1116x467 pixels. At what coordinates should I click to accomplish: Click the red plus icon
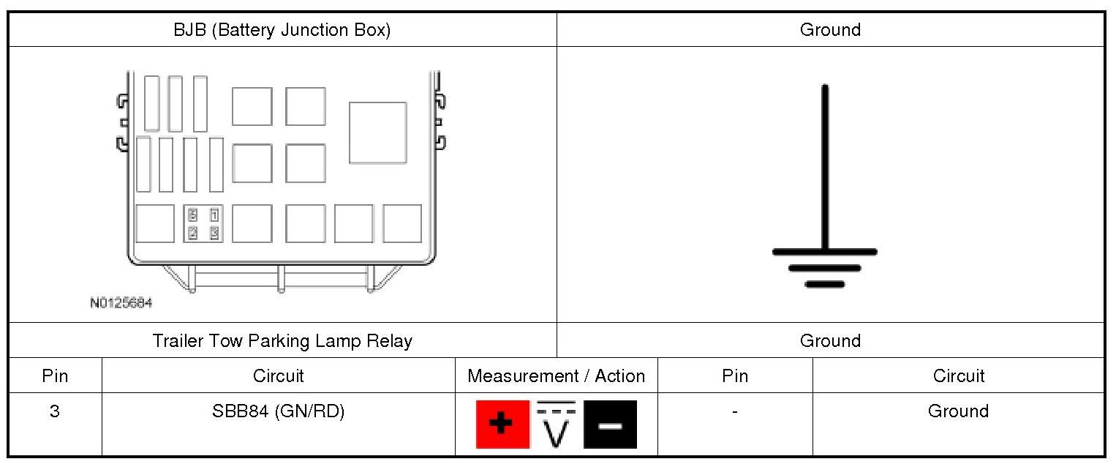pos(502,425)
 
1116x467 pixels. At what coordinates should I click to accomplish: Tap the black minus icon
pos(610,425)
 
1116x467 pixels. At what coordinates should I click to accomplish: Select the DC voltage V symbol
pos(557,425)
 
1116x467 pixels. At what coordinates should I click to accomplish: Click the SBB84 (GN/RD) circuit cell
pos(278,411)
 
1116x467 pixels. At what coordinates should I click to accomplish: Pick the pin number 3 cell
pos(55,411)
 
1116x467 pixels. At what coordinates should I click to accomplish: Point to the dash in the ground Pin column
pos(734,412)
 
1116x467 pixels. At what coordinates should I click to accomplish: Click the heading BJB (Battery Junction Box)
pos(282,30)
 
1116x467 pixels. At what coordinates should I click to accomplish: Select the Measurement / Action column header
pos(556,376)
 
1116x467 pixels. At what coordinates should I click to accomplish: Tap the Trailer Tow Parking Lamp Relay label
pos(282,341)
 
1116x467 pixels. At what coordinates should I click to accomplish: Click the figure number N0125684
pos(121,302)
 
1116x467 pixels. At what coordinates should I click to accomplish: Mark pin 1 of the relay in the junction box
pos(214,214)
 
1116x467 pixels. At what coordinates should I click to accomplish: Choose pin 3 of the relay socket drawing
pos(214,233)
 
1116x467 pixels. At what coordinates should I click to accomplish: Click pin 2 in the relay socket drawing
pos(193,233)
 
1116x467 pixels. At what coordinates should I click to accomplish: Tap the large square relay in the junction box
pos(377,132)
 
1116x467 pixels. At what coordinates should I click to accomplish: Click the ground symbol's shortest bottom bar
pos(825,284)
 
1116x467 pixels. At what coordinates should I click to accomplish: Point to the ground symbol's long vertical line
pos(825,168)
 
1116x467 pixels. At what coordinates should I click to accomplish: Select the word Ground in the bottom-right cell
pos(958,411)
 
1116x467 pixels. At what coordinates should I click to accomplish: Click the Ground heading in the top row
pos(830,30)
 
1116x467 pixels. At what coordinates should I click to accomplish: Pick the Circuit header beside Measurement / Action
pos(278,376)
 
